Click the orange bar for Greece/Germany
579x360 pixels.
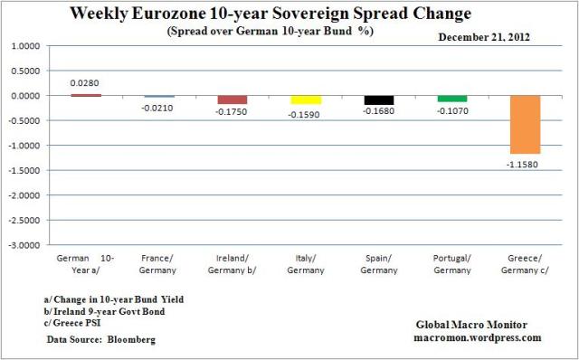[x=524, y=124]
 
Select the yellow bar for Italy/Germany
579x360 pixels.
[x=306, y=99]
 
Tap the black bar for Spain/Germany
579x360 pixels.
[x=378, y=99]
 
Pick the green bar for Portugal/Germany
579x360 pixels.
[x=451, y=99]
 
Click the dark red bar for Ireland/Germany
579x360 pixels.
[x=233, y=99]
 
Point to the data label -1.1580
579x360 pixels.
[x=524, y=163]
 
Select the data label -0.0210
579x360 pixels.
[x=159, y=108]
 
